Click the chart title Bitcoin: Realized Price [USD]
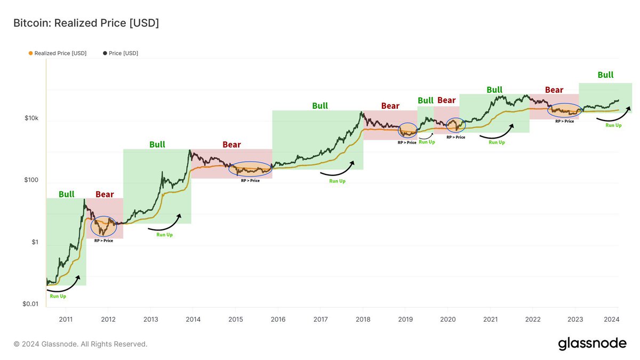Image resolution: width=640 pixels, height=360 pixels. click(x=86, y=23)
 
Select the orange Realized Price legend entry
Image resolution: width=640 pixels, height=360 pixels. click(x=58, y=53)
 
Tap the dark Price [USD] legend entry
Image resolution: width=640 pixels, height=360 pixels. click(x=121, y=53)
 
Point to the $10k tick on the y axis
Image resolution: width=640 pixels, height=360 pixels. click(x=31, y=118)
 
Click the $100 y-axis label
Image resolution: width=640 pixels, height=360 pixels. click(x=31, y=180)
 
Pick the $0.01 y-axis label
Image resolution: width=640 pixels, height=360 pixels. click(x=30, y=303)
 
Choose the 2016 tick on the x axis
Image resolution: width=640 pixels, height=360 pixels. click(x=278, y=319)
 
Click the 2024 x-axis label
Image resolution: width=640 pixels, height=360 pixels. click(x=611, y=319)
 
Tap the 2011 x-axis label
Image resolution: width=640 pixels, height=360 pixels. click(x=66, y=319)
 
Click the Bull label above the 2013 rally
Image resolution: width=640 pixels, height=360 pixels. click(x=157, y=145)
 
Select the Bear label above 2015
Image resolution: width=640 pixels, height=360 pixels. click(x=231, y=145)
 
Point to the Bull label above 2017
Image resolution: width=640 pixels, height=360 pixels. click(x=320, y=106)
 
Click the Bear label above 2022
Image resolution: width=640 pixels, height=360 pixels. click(x=554, y=90)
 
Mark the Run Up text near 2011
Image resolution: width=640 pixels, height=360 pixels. click(x=58, y=296)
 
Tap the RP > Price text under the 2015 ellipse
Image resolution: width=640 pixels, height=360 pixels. click(x=250, y=181)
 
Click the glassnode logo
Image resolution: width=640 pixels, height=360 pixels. click(x=593, y=343)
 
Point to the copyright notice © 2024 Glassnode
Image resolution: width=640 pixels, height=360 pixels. click(x=81, y=344)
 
